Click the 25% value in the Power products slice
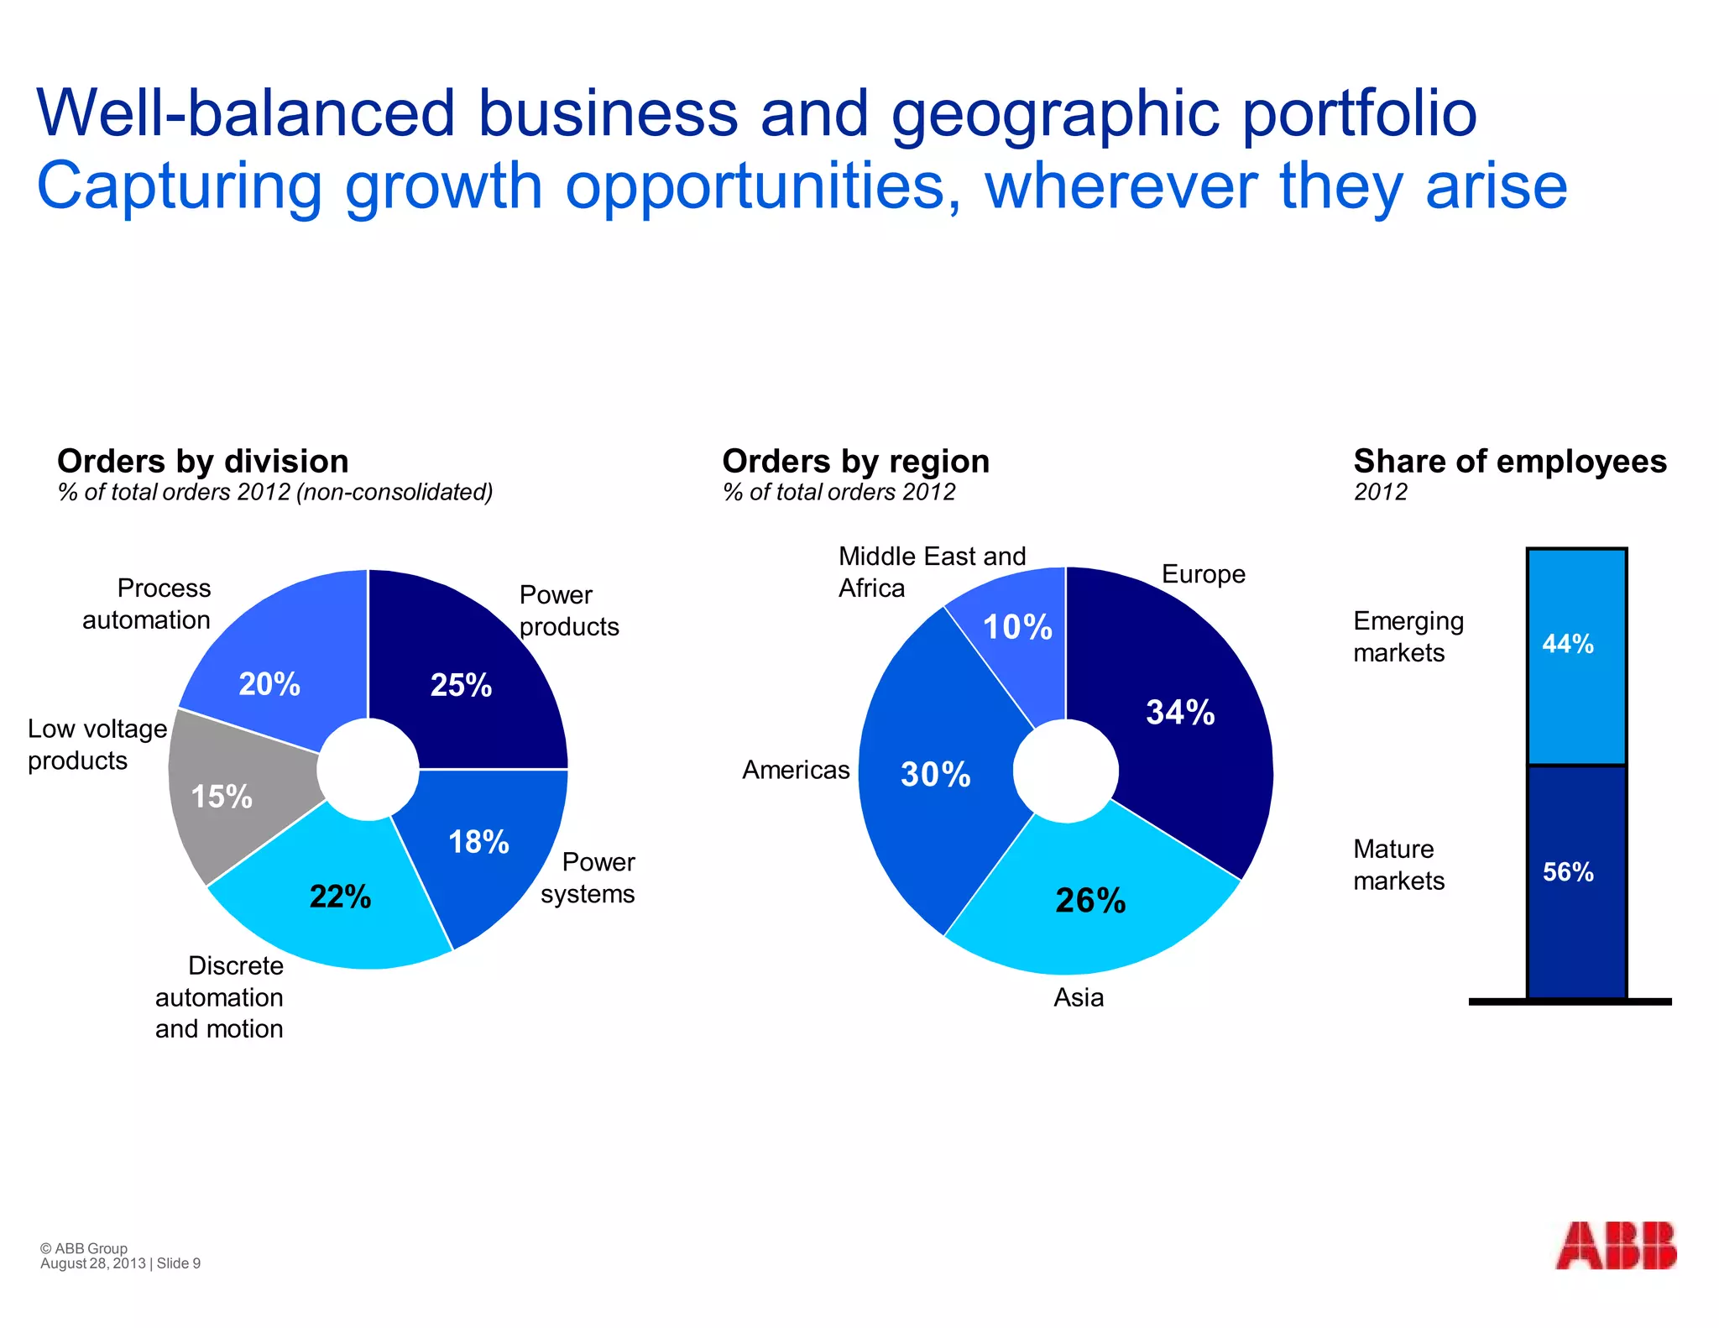click(x=461, y=685)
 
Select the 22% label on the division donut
click(x=340, y=897)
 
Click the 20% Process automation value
click(x=269, y=684)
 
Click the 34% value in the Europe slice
click(x=1180, y=712)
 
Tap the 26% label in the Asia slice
click(x=1090, y=901)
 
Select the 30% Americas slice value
click(x=935, y=774)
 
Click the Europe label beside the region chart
click(x=1203, y=574)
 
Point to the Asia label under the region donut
click(x=1079, y=997)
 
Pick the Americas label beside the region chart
click(x=796, y=770)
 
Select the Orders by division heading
click(x=202, y=462)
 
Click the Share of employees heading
click(x=1509, y=462)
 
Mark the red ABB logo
click(x=1615, y=1245)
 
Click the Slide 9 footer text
click(x=179, y=1263)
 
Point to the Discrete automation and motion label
click(x=219, y=997)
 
